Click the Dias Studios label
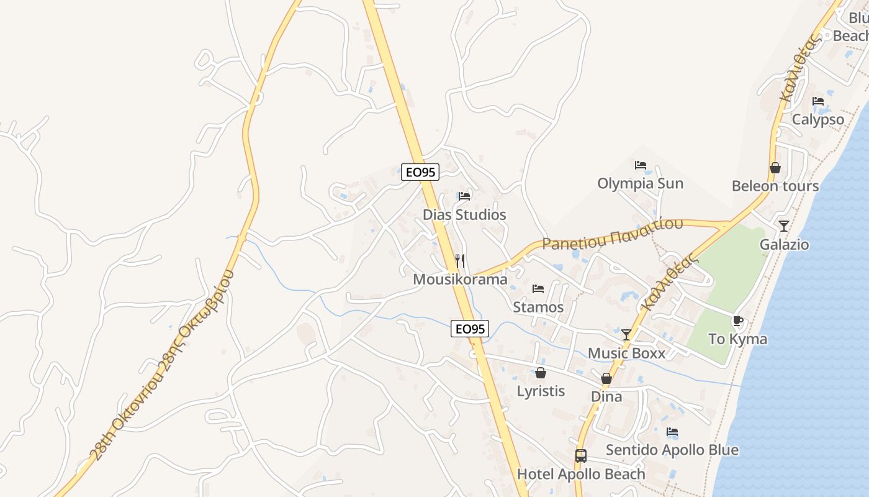tap(464, 215)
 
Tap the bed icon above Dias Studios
tap(464, 196)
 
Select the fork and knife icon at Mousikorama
tap(460, 261)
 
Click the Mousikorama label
tap(460, 280)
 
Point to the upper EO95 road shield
tap(420, 172)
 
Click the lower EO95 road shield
tap(469, 329)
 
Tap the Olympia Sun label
tap(640, 183)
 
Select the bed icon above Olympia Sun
tap(641, 165)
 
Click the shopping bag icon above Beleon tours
tap(775, 168)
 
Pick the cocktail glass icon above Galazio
tap(784, 226)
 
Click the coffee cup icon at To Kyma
tap(737, 321)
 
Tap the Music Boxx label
tap(626, 353)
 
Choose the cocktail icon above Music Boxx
tap(626, 335)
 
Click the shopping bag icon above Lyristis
tap(541, 373)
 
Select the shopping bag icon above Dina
tap(606, 378)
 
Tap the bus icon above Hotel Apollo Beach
tap(581, 456)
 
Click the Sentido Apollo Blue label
tap(672, 450)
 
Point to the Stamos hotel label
tap(538, 307)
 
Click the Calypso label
tap(818, 119)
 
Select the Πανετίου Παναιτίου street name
tap(613, 234)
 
